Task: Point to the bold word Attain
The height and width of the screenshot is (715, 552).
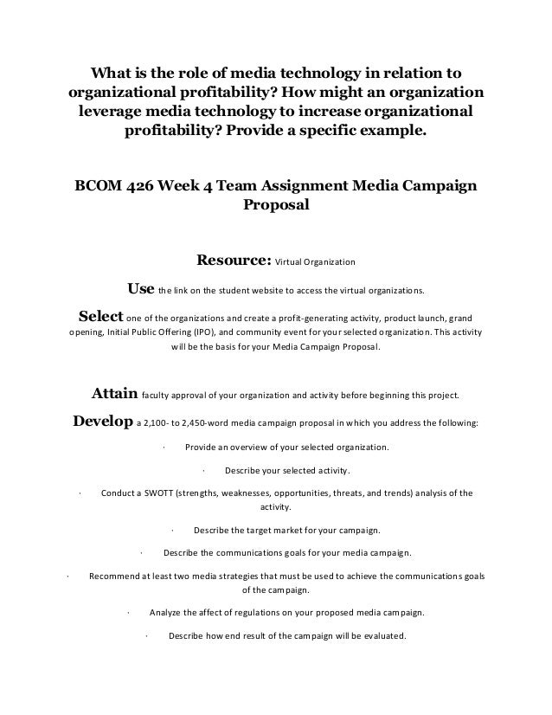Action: tap(115, 396)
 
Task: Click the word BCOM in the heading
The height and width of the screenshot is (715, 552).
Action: tap(98, 188)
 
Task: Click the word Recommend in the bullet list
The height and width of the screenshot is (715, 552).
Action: tap(119, 576)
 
